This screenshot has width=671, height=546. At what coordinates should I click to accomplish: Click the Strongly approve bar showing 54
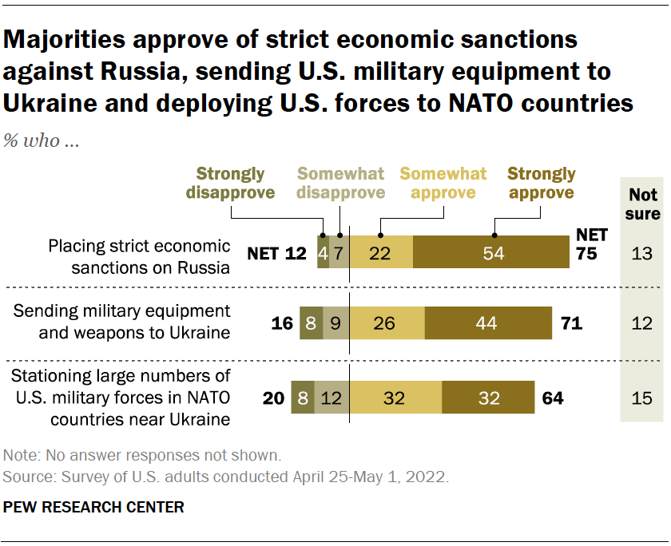[x=491, y=252]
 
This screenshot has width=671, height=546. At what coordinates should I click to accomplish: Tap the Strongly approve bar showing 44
[x=487, y=323]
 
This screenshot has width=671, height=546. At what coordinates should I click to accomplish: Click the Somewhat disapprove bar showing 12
[x=332, y=397]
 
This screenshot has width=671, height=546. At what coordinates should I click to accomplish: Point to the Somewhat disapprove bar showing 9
[x=336, y=323]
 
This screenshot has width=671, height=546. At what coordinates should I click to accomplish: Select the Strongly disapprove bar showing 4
[x=323, y=252]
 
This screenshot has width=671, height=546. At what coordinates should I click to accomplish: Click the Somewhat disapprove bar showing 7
[x=339, y=252]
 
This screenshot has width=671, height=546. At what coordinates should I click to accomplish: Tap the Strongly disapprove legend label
[x=230, y=183]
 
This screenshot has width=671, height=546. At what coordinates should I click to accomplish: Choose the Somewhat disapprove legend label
[x=340, y=183]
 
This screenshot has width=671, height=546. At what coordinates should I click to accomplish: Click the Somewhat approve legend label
[x=443, y=183]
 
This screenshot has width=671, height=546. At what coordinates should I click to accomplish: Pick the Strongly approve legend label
[x=541, y=183]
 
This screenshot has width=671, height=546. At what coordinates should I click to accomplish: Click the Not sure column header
[x=643, y=204]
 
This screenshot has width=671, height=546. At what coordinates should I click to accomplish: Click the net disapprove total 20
[x=273, y=398]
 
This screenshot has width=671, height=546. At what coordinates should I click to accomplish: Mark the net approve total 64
[x=552, y=398]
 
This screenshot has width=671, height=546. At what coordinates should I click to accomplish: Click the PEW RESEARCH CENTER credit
[x=94, y=507]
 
